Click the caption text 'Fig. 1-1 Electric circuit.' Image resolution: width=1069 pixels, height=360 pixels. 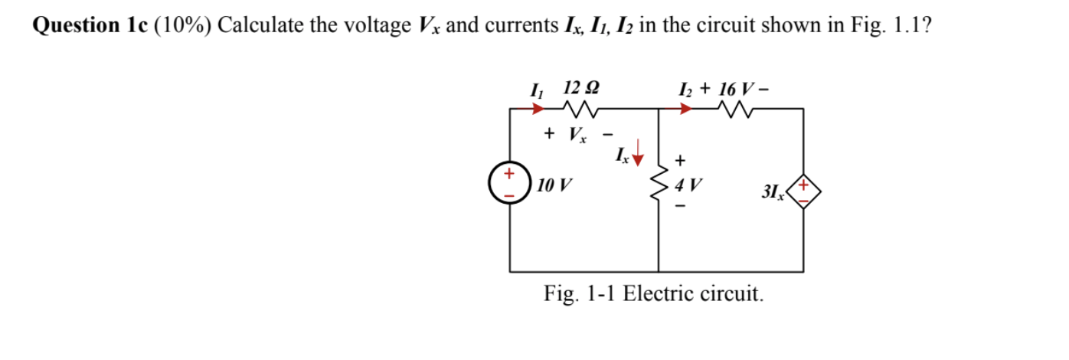pyautogui.click(x=653, y=293)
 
